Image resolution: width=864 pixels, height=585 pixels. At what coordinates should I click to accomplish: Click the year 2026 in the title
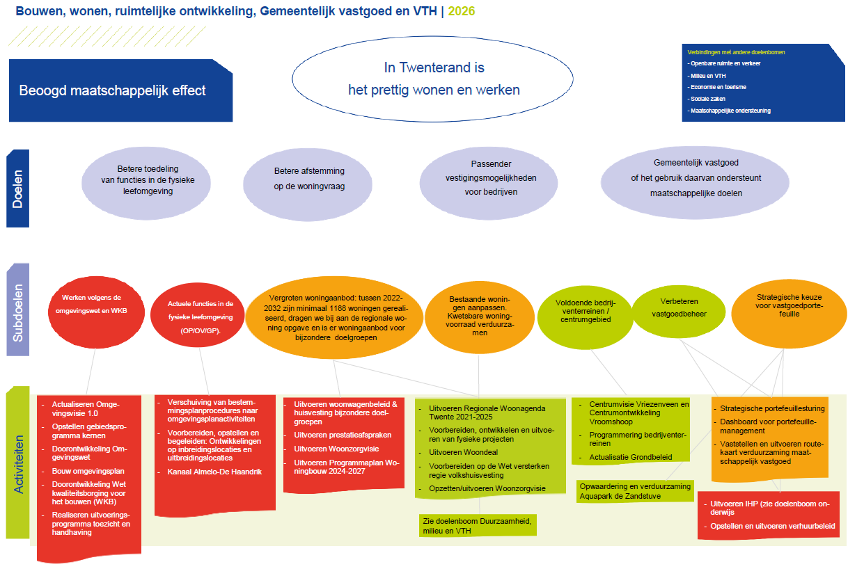coord(462,12)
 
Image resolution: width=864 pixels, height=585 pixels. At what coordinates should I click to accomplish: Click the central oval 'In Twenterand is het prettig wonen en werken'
coord(434,79)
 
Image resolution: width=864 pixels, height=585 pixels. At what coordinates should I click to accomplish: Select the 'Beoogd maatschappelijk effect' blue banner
coord(111,90)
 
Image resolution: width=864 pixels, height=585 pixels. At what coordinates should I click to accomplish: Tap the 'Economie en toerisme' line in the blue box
coord(717,87)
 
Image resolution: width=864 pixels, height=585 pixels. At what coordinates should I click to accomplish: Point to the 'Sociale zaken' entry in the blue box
coord(707,99)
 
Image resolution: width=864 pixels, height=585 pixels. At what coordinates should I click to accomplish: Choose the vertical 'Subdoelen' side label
coord(18,311)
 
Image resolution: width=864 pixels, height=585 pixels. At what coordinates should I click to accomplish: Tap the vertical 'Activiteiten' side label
coord(19,464)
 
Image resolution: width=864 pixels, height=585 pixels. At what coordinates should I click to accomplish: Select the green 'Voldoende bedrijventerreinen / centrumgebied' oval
coord(583,311)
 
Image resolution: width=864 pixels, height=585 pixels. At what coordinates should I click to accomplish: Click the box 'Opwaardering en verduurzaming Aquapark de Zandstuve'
coord(634,490)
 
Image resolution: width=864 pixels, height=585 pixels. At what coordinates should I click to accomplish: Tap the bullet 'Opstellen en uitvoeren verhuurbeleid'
coord(772,526)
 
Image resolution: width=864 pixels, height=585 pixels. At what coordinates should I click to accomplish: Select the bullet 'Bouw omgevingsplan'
coord(88,471)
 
